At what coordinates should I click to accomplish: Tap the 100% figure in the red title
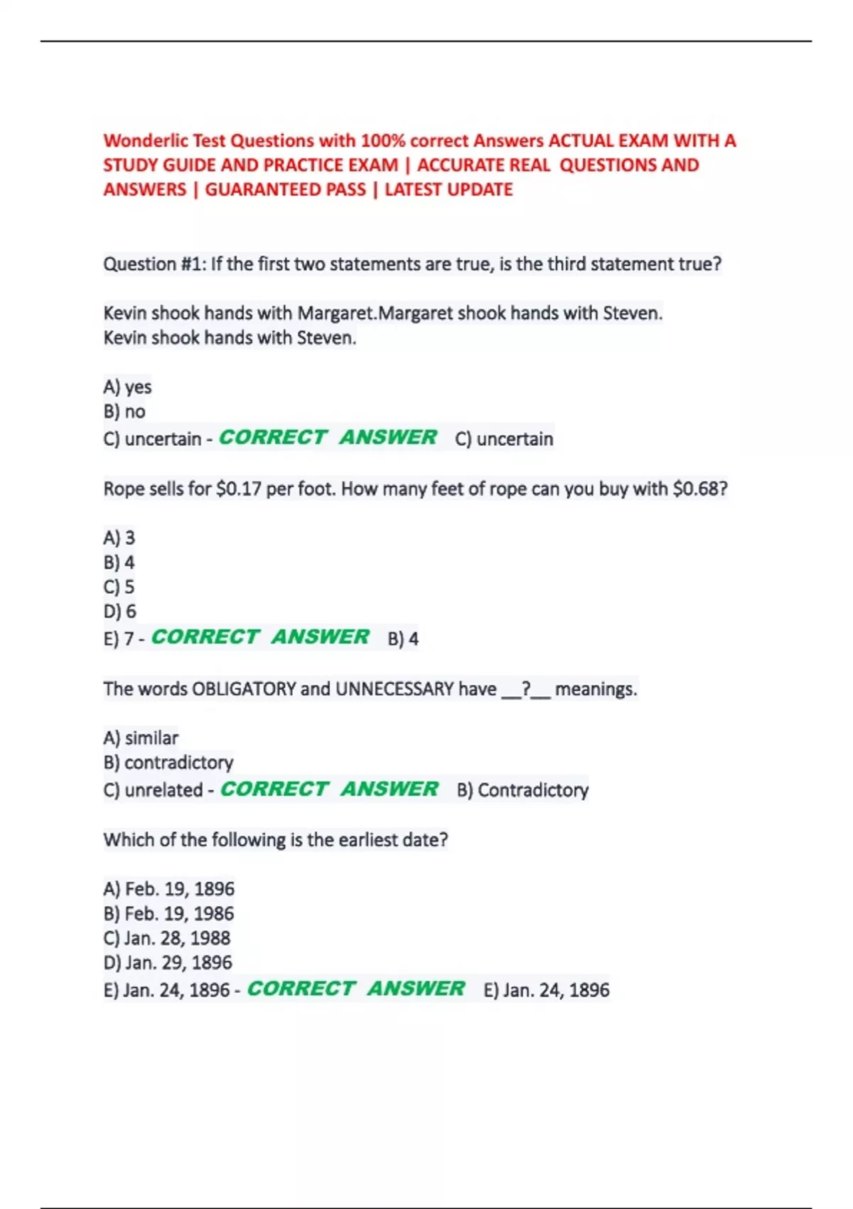coord(382,141)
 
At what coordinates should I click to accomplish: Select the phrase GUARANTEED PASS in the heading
coord(285,190)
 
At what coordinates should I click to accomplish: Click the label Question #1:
coord(154,265)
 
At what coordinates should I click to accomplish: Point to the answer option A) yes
coord(127,387)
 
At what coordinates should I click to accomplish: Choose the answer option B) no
coord(124,412)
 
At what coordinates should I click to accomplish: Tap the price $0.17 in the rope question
coord(238,489)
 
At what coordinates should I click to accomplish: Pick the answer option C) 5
coord(119,587)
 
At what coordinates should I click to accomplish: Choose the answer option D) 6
coord(119,612)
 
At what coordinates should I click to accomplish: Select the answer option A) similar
coord(141,738)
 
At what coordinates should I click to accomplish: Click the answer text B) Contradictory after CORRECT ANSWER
coord(522,790)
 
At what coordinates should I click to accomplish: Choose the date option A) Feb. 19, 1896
coord(168,889)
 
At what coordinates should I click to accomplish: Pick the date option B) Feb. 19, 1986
coord(168,914)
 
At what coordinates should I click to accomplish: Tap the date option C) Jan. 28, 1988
coord(167,938)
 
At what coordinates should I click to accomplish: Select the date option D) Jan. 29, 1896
coord(168,963)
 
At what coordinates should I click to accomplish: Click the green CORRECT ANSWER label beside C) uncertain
coord(328,437)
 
